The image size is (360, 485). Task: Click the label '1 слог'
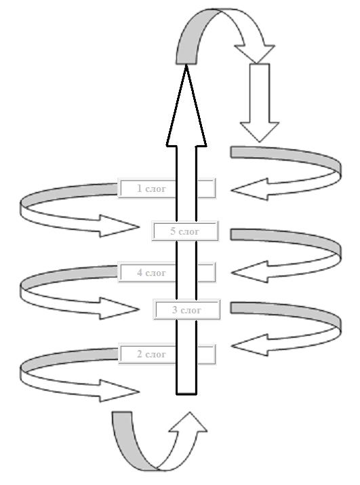tap(167, 188)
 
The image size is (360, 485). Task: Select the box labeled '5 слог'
tap(185, 231)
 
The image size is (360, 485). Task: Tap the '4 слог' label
tap(167, 273)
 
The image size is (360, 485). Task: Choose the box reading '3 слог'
tap(187, 309)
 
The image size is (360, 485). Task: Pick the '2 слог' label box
tap(167, 354)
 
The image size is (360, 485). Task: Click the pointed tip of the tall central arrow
tap(186, 66)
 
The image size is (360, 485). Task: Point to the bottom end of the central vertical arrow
tap(186, 394)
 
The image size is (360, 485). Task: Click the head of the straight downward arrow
tap(260, 131)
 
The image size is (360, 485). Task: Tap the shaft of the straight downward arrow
tap(260, 93)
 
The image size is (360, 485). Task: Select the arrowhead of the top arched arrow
tap(255, 53)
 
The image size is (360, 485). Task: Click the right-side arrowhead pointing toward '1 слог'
tap(251, 189)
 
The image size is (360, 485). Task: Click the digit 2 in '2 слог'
tap(140, 354)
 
